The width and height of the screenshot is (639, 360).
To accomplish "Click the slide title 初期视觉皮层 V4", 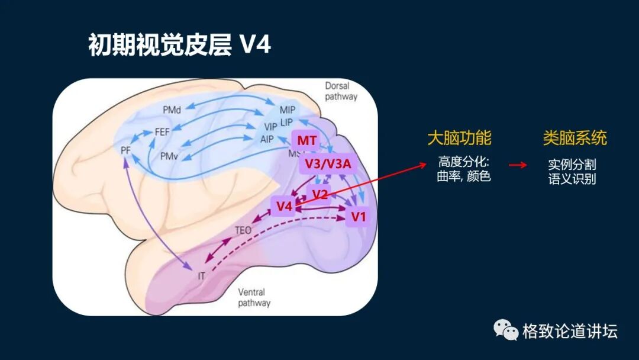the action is pyautogui.click(x=179, y=45).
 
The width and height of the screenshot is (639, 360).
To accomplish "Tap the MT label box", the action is pyautogui.click(x=306, y=141).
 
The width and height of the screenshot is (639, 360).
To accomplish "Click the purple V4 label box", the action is pyautogui.click(x=285, y=206).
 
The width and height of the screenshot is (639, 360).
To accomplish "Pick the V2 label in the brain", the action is pyautogui.click(x=320, y=194).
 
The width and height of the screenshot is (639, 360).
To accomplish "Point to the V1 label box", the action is pyautogui.click(x=359, y=217).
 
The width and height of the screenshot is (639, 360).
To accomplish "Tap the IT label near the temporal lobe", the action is pyautogui.click(x=201, y=276).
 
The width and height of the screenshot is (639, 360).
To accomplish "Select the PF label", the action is pyautogui.click(x=125, y=150).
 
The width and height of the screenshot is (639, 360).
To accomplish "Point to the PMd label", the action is pyautogui.click(x=172, y=110).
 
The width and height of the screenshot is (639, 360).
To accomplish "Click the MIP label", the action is pyautogui.click(x=288, y=110).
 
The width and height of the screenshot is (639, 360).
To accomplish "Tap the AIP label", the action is pyautogui.click(x=267, y=140).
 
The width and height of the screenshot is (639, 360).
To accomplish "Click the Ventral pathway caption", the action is pyautogui.click(x=254, y=298).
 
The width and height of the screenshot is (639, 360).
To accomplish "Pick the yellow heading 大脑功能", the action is pyautogui.click(x=459, y=138).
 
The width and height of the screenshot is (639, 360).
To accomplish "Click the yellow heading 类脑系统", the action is pyautogui.click(x=575, y=138).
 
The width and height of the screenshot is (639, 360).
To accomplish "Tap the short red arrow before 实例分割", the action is pyautogui.click(x=518, y=165).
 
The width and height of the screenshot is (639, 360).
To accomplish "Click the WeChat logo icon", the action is pyautogui.click(x=506, y=330).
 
